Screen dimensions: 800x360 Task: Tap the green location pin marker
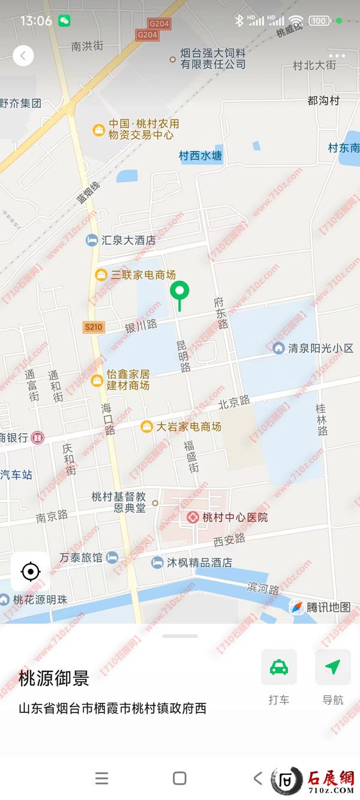click(x=179, y=292)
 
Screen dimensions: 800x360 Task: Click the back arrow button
click(x=23, y=56)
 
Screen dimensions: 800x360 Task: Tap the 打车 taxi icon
click(x=279, y=667)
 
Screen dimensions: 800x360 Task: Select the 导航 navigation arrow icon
click(x=333, y=667)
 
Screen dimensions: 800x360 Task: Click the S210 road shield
click(x=94, y=327)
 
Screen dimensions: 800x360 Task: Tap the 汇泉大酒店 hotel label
click(x=128, y=240)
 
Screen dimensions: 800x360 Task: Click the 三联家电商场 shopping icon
click(x=101, y=275)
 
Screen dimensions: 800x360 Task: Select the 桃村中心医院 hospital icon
click(x=193, y=517)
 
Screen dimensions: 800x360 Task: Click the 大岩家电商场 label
click(x=188, y=427)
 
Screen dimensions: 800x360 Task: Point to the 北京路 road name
click(x=233, y=402)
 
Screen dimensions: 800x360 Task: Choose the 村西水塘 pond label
click(x=200, y=156)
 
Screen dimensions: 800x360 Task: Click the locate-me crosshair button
click(x=31, y=571)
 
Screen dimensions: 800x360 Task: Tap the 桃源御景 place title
click(x=54, y=678)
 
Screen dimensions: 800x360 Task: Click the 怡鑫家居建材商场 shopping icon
click(x=97, y=380)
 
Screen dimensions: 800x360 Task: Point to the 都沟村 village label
click(x=323, y=100)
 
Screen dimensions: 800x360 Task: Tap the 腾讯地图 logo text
click(x=328, y=607)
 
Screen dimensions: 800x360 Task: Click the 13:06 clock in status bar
click(x=36, y=21)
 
